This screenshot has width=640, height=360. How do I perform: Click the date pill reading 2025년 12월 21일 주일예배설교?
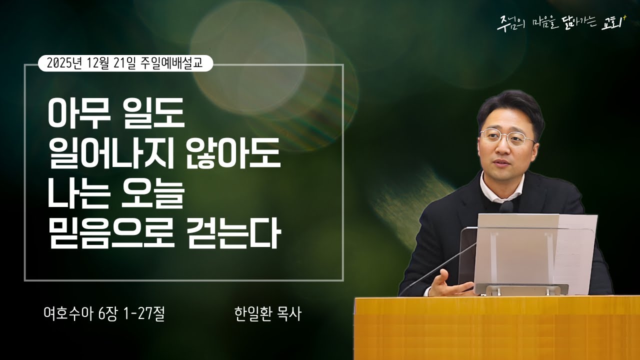125,63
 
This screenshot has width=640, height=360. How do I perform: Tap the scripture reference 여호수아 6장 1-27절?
104,313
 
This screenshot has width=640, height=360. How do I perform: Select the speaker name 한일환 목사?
267,313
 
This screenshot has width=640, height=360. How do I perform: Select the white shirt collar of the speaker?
492,187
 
